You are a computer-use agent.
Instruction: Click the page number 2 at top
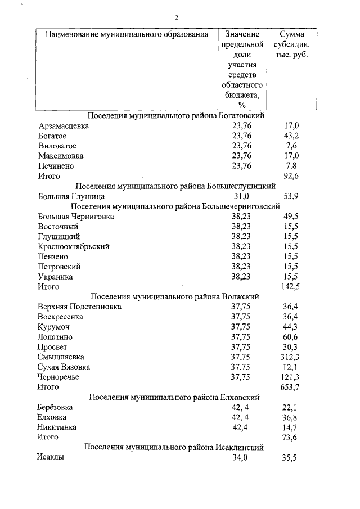(176, 18)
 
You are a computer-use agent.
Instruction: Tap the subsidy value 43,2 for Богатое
(291, 136)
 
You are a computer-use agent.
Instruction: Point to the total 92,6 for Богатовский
(291, 176)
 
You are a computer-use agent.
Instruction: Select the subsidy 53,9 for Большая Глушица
(291, 196)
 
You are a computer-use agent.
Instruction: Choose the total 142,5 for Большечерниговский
(290, 287)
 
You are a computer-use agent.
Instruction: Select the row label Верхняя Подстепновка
(79, 307)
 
